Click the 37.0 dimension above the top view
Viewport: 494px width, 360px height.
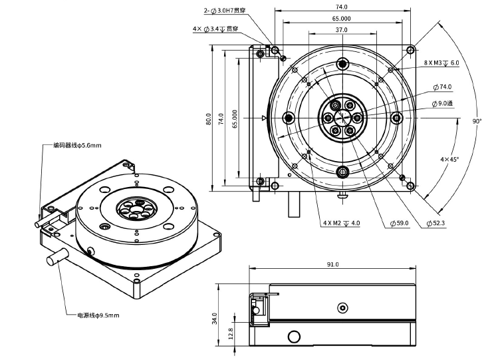(x=341, y=31)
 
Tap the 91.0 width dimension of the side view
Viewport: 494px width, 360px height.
(x=333, y=265)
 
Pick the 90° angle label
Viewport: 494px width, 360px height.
(x=477, y=121)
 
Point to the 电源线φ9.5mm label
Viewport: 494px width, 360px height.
(x=98, y=315)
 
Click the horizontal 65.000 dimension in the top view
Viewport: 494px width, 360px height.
(x=342, y=19)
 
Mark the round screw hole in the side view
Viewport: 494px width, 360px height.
(x=342, y=307)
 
